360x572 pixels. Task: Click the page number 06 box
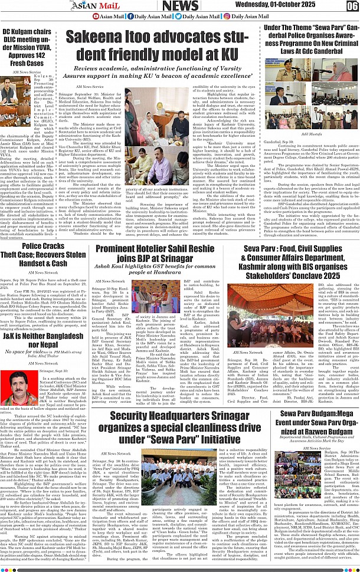tap(352, 6)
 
